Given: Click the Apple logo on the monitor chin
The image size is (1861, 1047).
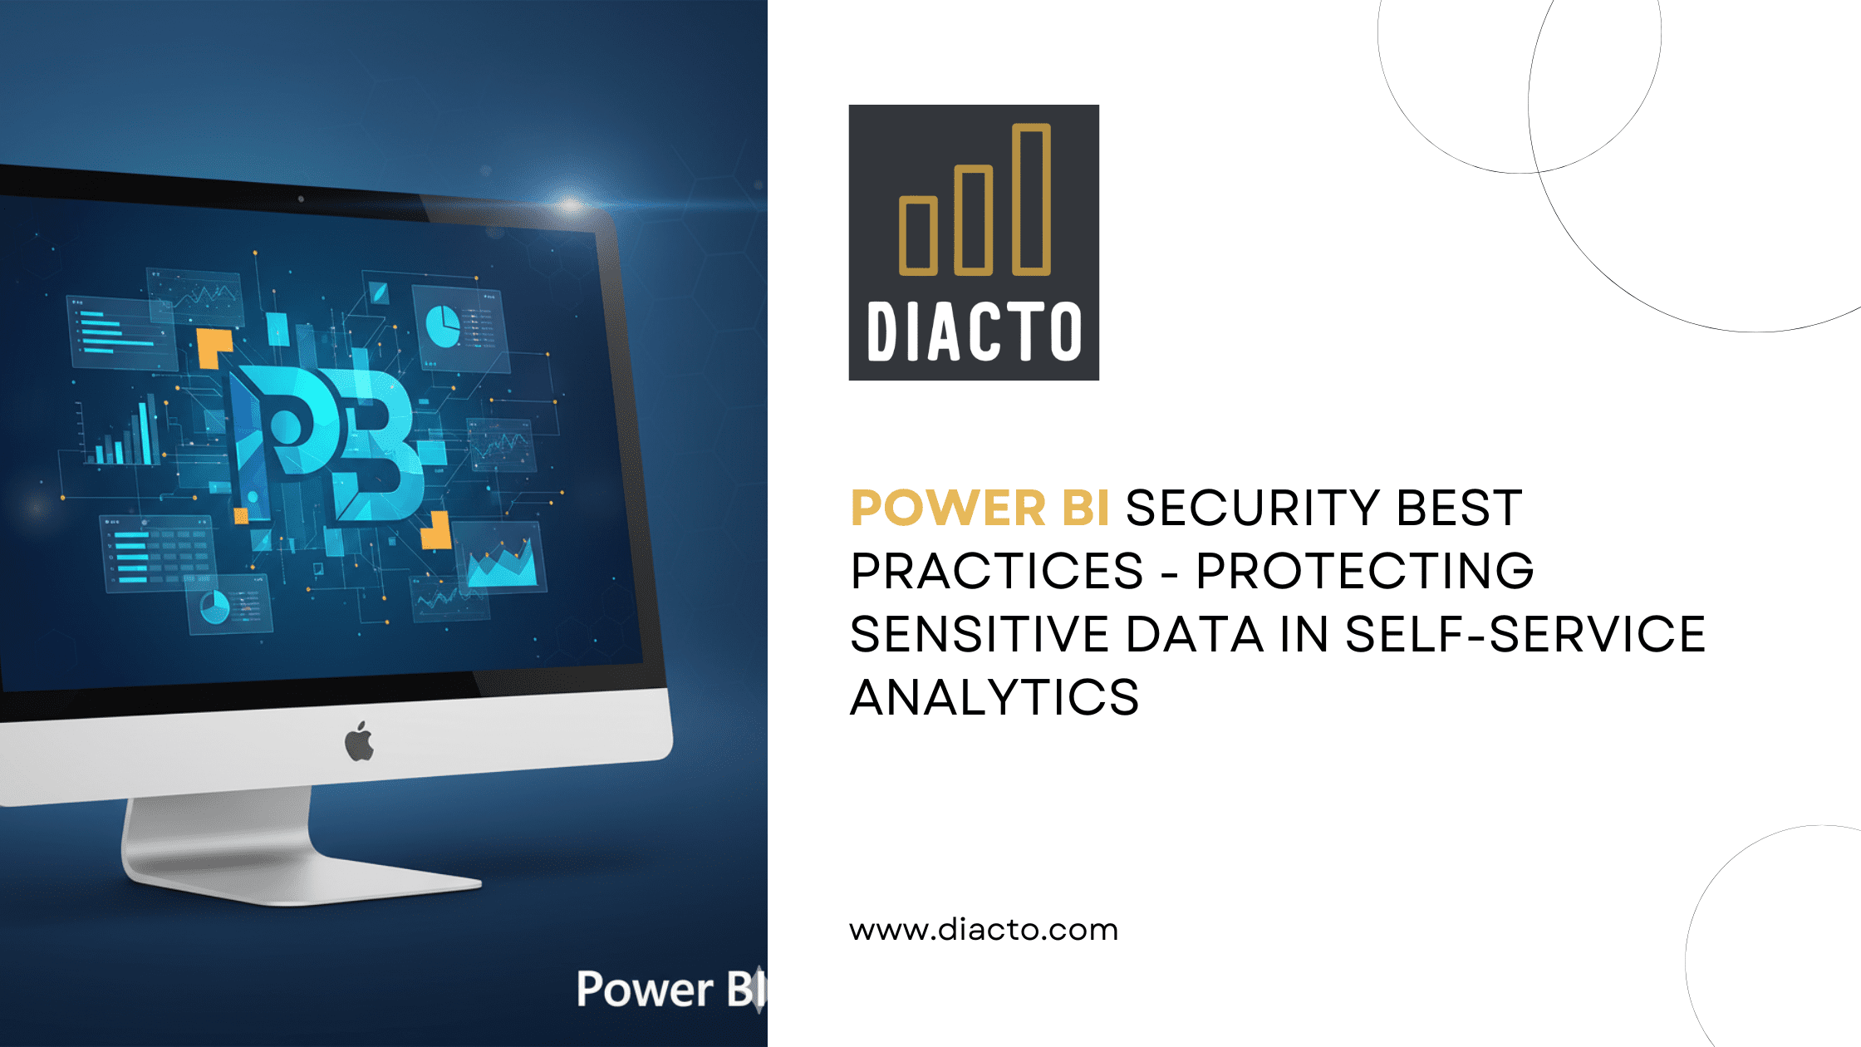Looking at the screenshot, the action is click(x=359, y=741).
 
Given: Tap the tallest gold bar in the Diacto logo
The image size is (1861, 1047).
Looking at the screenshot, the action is click(x=1031, y=199).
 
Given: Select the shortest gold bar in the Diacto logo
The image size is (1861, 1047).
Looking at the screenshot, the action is click(x=918, y=236).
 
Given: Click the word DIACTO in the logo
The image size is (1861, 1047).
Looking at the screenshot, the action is click(x=975, y=332).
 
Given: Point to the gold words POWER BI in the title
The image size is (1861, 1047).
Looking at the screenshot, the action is click(x=980, y=508).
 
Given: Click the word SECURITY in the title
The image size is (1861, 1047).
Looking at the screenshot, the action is click(x=1254, y=508).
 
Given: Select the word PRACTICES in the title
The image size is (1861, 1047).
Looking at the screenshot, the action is click(x=997, y=571).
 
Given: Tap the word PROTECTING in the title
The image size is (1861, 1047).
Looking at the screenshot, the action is click(x=1365, y=571).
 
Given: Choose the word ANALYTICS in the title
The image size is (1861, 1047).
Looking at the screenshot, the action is click(x=994, y=697).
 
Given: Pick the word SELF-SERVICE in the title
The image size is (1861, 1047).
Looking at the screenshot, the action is click(x=1525, y=634).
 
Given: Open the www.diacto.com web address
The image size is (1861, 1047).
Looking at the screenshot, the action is click(x=984, y=930).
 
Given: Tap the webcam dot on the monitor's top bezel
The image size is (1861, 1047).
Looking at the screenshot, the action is click(x=301, y=199).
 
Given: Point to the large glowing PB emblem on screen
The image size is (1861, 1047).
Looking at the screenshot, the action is click(x=332, y=440).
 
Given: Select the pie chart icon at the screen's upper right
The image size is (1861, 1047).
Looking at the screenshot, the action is click(x=443, y=327).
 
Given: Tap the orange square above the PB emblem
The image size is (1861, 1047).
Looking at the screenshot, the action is click(x=214, y=347).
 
